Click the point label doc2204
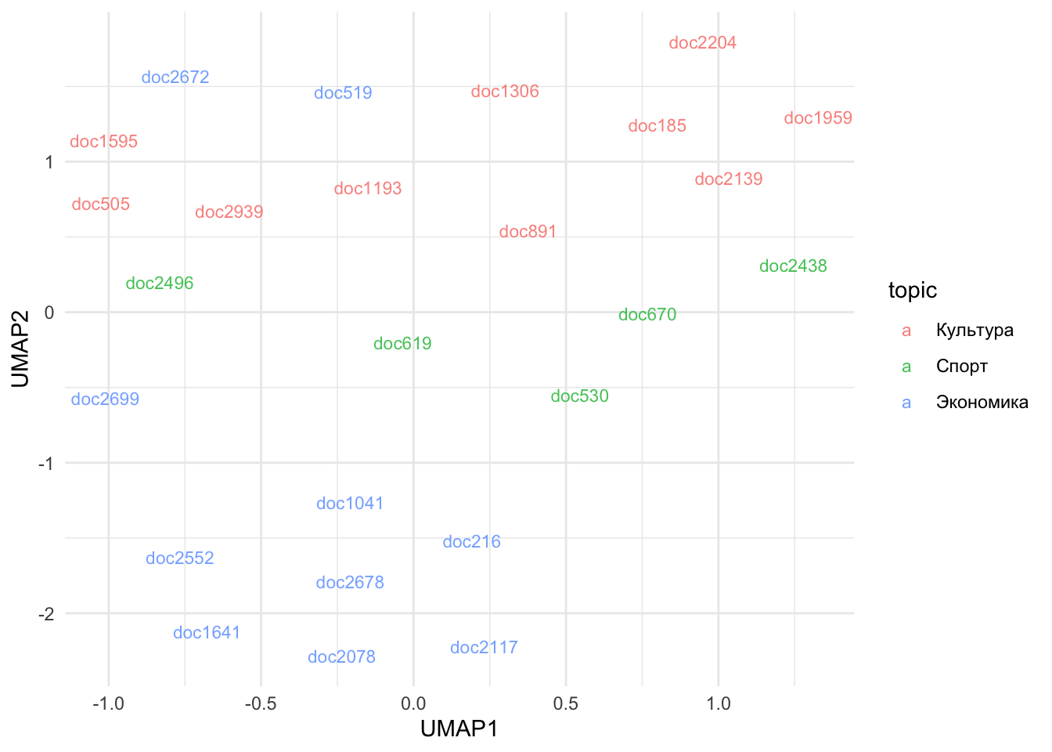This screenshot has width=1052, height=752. coord(702,43)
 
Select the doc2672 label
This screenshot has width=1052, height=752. coord(175,78)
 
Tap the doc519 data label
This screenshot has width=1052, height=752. coord(343,93)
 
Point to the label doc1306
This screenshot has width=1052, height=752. coord(505,92)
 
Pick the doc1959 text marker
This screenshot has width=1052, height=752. coord(818,118)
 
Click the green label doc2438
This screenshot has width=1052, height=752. coord(793,266)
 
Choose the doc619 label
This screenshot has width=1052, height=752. coord(402,344)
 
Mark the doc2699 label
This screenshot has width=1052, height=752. coord(105,399)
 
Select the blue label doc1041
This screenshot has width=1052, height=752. coord(350,504)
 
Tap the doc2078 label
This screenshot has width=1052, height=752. coord(341,657)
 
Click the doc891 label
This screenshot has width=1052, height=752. coord(528,232)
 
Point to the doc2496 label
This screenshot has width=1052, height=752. coord(160,284)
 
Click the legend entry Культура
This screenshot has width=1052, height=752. coord(974,331)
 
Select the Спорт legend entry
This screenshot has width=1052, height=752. coord(961,367)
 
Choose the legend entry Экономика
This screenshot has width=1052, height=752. coord(982,403)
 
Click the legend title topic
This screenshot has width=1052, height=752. coord(912,291)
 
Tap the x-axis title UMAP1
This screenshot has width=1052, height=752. coord(459,729)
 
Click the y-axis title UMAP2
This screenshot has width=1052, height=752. coord(20,349)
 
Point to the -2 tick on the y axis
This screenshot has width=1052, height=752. coord(46,614)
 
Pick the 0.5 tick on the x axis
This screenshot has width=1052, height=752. coord(565,703)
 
